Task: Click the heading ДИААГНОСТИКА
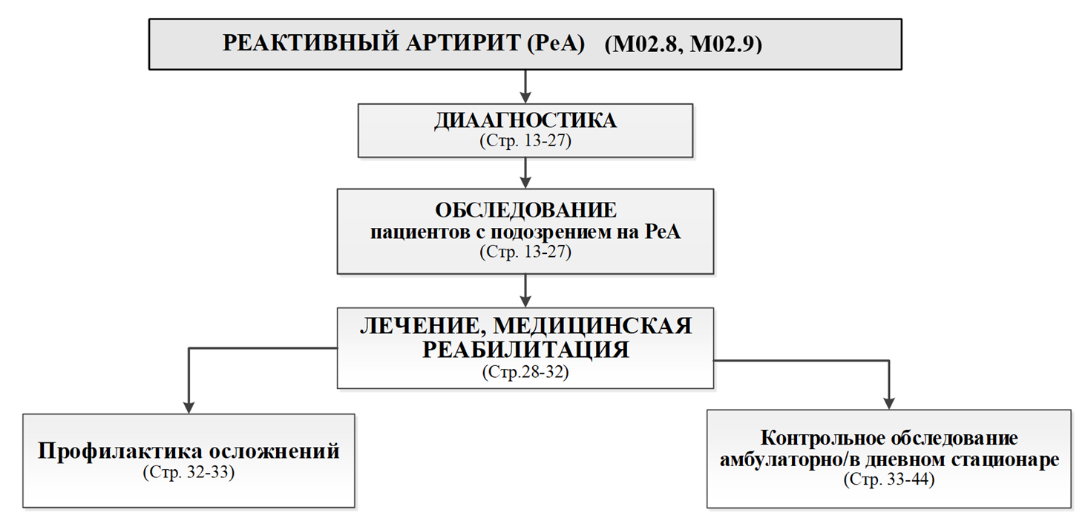coord(525,121)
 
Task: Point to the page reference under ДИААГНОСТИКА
coord(525,140)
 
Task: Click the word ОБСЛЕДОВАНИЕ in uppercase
coord(525,209)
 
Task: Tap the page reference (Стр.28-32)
coord(525,371)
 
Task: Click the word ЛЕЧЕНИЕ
coord(416,327)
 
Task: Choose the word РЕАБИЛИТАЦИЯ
coord(525,349)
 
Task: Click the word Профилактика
coord(119,451)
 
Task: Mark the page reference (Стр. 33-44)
coord(888,479)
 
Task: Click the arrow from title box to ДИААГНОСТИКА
coord(525,87)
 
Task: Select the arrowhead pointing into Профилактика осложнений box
coord(189,406)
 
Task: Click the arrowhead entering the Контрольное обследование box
coord(888,402)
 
